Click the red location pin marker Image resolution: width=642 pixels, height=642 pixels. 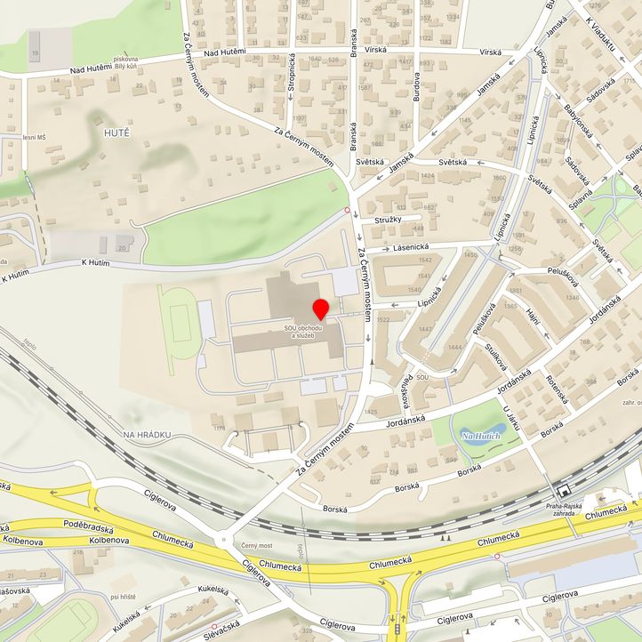[320, 309]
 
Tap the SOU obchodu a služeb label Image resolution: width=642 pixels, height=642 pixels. [303, 332]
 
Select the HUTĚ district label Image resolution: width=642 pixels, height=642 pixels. [116, 132]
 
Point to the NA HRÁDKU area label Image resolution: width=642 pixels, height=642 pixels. [147, 434]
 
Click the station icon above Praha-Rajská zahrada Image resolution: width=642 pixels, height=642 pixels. [562, 491]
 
